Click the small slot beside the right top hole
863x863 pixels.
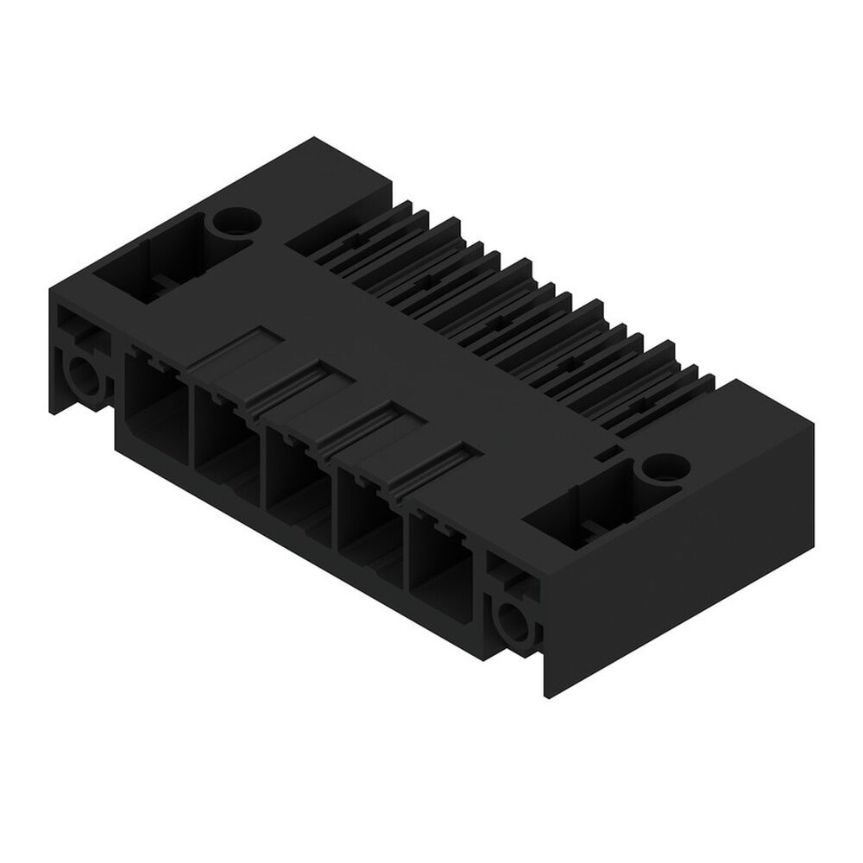tap(608, 451)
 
